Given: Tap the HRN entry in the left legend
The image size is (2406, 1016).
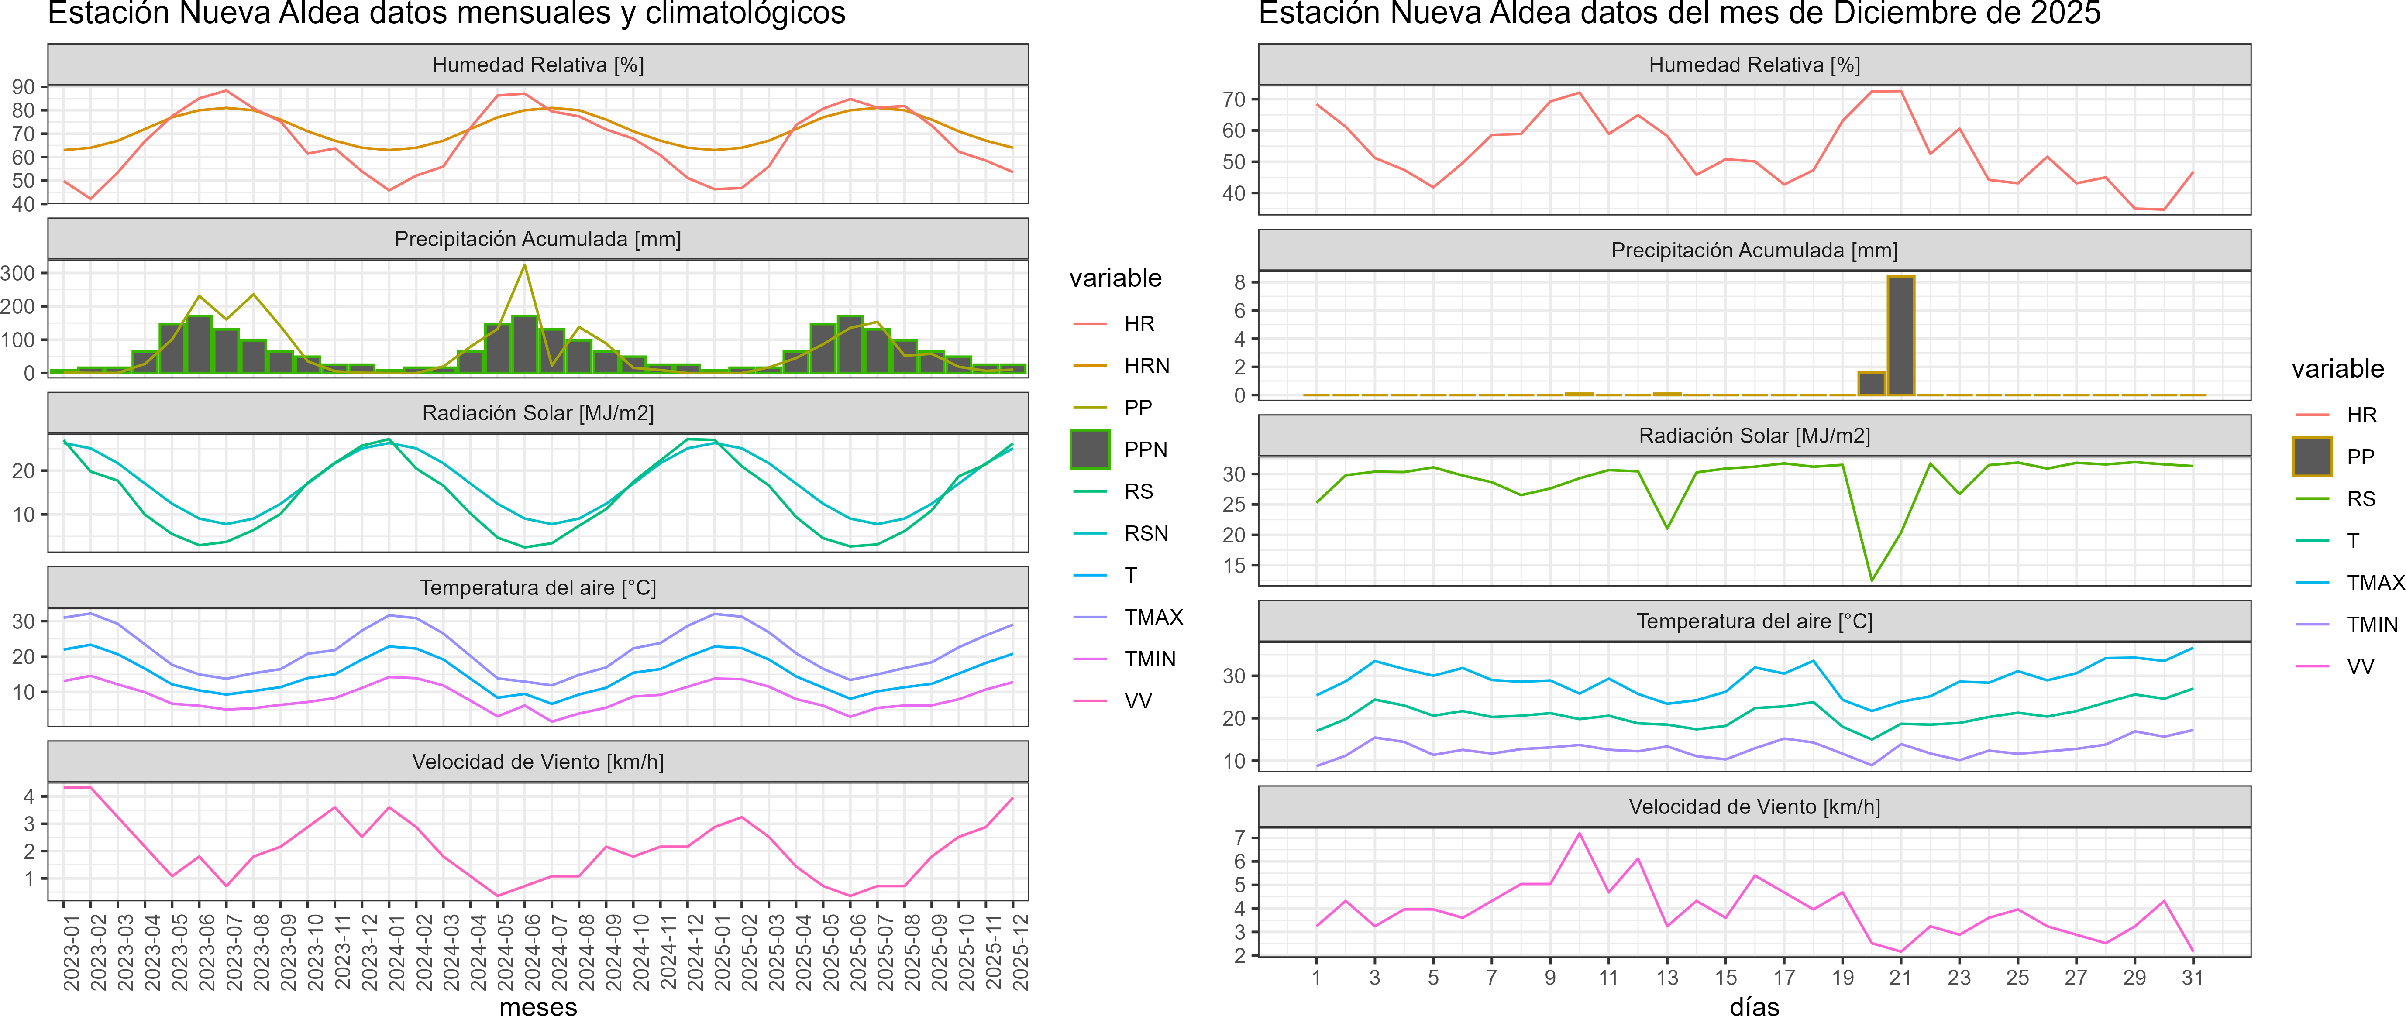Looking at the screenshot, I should coord(1146,366).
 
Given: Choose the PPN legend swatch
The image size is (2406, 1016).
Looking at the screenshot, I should coord(1090,449).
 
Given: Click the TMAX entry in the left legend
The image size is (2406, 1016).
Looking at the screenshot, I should coord(1153,617).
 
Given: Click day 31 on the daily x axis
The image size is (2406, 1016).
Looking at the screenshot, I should coord(2192,978).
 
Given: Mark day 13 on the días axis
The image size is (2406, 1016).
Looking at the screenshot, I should coord(1667,978).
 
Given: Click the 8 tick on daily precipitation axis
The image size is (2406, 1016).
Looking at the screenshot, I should coord(1239,282).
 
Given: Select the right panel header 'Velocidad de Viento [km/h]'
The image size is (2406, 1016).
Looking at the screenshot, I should coord(1754,807).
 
